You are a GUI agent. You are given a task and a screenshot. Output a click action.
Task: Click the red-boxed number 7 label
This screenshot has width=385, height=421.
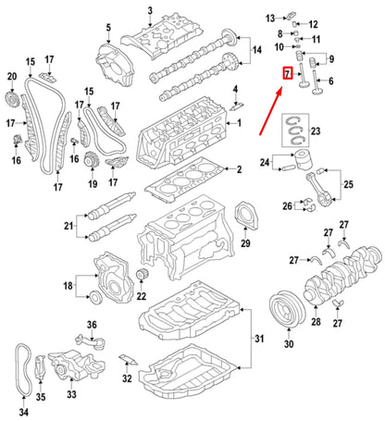pos(288,72)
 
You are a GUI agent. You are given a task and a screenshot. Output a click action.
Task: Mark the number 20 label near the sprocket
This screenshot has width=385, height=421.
pos(11,76)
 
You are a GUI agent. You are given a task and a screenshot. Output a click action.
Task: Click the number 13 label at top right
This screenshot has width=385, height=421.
pos(270,19)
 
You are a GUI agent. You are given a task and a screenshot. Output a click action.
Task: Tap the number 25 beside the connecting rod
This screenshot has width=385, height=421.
pos(348,185)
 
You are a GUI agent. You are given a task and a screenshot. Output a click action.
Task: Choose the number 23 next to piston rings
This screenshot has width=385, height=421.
pos(316,132)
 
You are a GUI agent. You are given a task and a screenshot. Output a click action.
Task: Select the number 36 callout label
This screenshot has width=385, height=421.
pos(91,323)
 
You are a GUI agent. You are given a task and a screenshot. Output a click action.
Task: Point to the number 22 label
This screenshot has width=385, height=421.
pos(142,296)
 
